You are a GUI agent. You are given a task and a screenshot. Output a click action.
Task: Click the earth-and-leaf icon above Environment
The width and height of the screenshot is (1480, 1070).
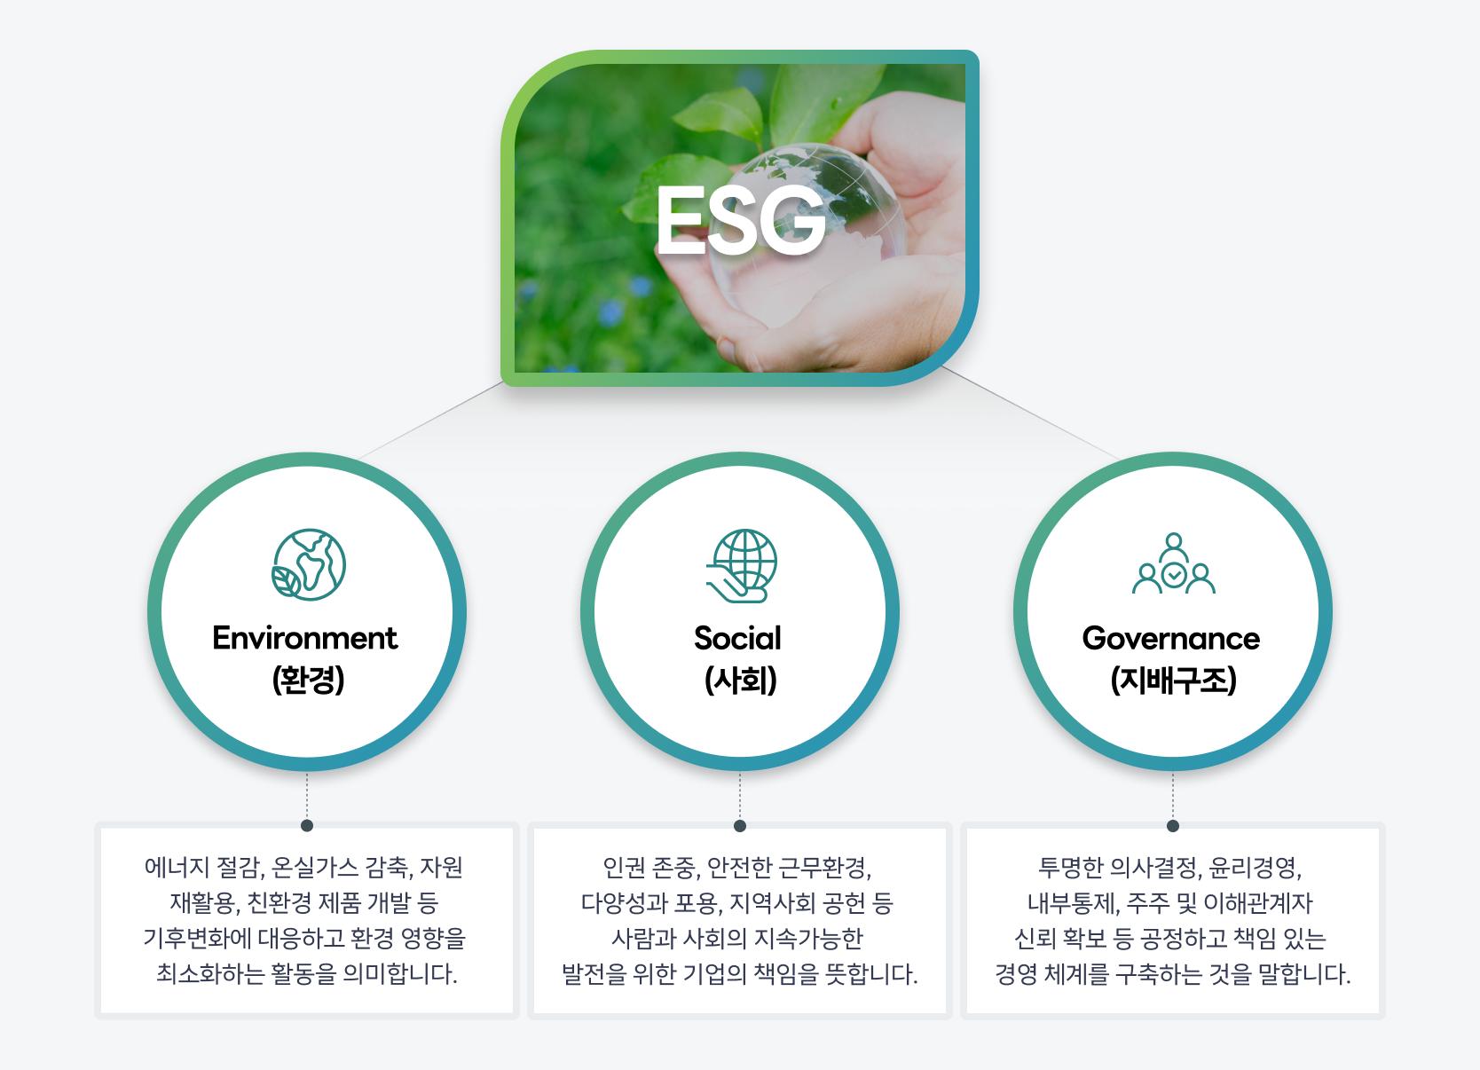point(309,564)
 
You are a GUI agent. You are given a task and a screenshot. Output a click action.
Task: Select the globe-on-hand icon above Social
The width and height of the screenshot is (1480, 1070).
point(742,565)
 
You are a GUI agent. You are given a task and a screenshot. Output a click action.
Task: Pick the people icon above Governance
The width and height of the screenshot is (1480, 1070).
point(1173,564)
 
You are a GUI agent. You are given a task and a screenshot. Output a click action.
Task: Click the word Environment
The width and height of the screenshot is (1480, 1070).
point(304,638)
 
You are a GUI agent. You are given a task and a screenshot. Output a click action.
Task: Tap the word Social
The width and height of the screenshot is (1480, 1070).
point(737,638)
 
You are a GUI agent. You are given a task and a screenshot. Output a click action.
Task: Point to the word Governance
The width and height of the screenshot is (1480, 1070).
point(1170,638)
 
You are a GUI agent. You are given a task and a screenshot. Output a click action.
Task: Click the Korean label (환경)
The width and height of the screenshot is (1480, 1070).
point(308,681)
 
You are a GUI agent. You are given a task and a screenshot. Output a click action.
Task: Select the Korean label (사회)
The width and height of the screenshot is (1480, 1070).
point(740,681)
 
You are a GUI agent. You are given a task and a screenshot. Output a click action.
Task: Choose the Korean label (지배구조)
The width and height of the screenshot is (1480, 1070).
point(1173,681)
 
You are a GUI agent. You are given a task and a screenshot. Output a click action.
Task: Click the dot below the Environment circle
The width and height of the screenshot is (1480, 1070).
point(307,825)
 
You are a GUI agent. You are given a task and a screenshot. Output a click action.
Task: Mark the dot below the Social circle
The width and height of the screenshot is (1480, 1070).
point(740,825)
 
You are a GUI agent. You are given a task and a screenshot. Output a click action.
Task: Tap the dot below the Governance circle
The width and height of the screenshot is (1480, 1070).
point(1173,825)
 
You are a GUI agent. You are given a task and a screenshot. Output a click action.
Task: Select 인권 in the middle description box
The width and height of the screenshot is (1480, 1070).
point(624,867)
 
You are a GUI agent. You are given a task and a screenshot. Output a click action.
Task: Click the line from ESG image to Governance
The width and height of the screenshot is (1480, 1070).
point(1029,413)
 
